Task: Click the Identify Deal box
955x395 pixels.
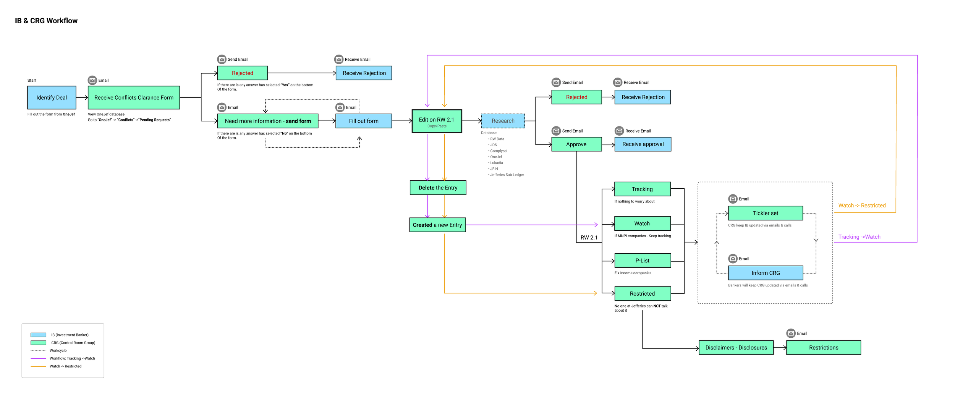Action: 52,98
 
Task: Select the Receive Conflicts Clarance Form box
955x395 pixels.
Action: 134,98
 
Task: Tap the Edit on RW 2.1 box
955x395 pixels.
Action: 437,121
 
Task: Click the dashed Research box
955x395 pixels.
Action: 503,121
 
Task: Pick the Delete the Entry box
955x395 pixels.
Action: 438,188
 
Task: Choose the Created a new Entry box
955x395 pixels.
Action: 437,225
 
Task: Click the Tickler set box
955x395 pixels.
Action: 765,214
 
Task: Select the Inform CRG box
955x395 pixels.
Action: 765,273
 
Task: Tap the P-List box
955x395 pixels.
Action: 642,261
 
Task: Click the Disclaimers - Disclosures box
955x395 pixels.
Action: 736,348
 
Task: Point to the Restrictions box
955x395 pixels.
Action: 823,348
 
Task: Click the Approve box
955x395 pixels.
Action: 576,144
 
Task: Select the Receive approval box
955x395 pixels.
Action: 643,144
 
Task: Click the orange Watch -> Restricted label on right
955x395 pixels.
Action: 862,206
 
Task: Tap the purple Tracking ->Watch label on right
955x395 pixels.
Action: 859,237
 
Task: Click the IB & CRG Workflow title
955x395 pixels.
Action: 46,21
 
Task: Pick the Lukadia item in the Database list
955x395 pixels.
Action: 496,163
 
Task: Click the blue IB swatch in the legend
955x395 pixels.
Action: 38,335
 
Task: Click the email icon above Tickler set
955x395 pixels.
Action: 733,199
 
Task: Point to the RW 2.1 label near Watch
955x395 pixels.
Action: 589,238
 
